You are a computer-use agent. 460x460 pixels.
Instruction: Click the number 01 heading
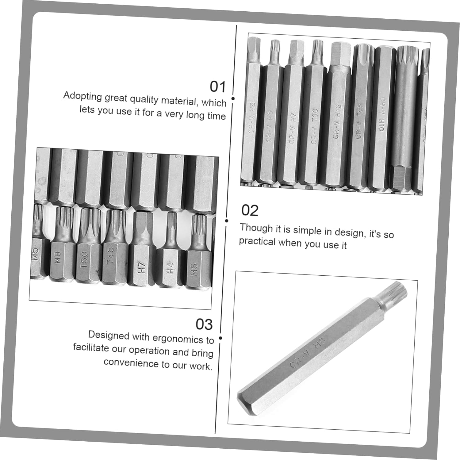pos(217,87)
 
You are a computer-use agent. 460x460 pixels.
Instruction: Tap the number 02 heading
pos(250,211)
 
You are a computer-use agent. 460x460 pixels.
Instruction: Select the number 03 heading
pos(204,324)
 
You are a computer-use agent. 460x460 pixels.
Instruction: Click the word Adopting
pos(82,96)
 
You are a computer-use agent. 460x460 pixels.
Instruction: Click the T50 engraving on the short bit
pos(84,259)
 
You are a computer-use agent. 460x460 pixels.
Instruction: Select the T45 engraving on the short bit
pos(110,255)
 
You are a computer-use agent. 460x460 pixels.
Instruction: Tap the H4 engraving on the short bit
pos(170,268)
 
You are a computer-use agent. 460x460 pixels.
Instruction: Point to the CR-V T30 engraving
pos(314,126)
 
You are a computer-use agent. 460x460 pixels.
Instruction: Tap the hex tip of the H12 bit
pos(340,54)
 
